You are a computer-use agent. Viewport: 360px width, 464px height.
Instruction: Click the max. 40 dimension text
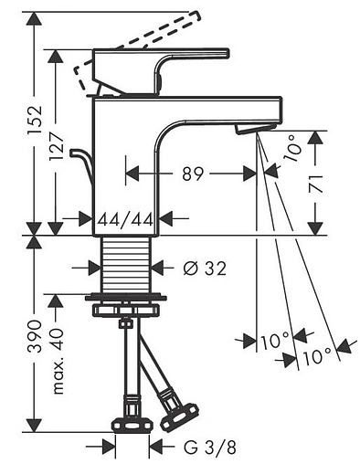click(59, 364)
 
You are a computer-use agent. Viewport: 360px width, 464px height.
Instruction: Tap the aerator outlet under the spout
click(245, 132)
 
